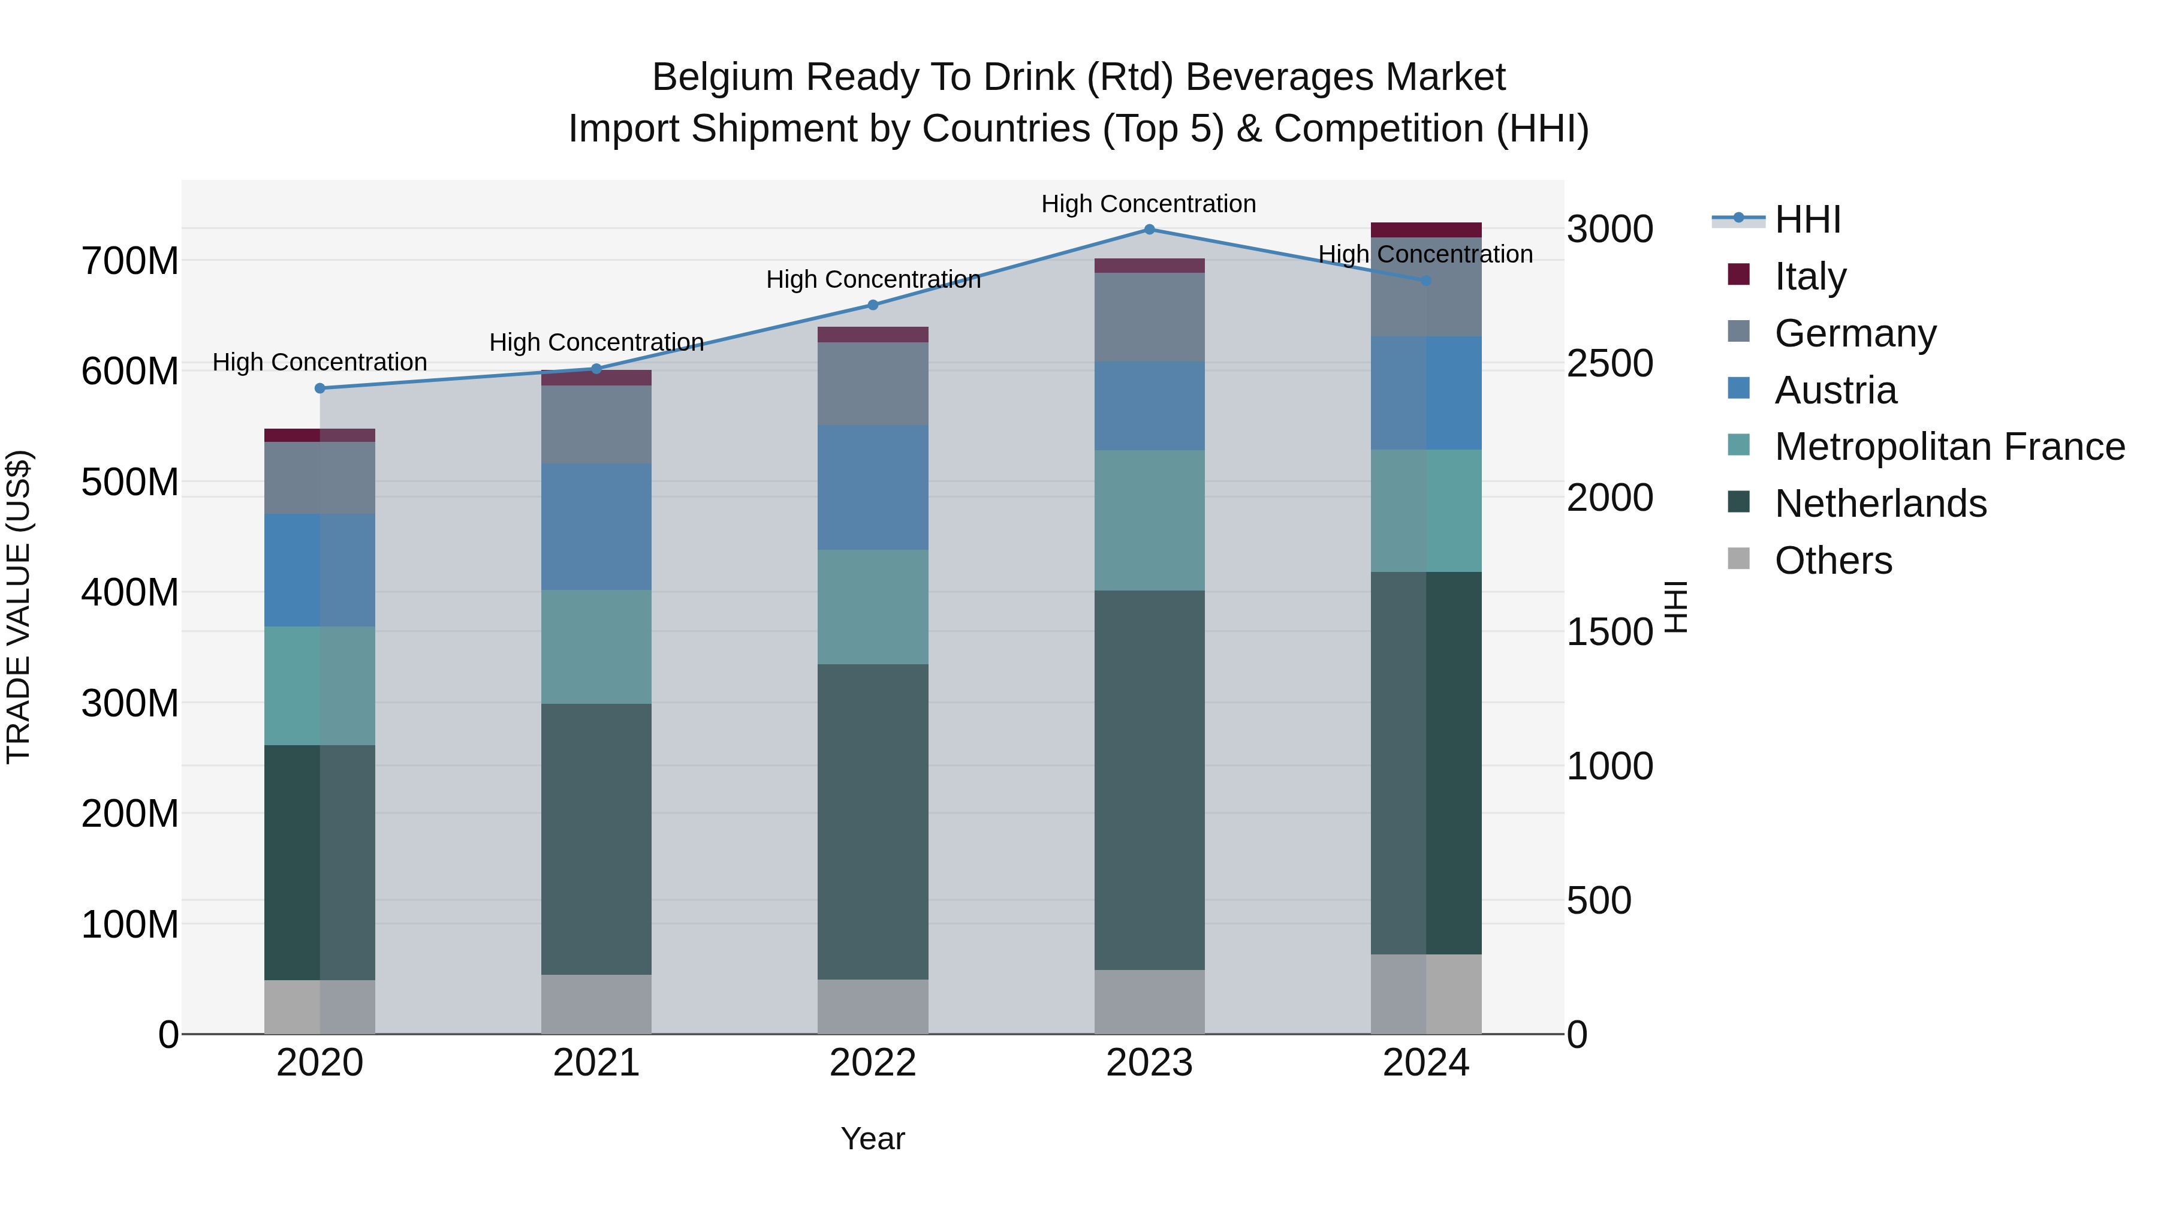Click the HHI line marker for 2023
tap(1149, 230)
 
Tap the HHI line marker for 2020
tap(320, 388)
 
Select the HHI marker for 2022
tap(873, 305)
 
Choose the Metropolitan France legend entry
tap(1949, 447)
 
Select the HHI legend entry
tap(1806, 219)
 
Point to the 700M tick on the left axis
tap(130, 261)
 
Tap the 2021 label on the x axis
tap(596, 1063)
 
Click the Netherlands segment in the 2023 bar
tap(1149, 779)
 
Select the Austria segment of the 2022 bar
tap(873, 487)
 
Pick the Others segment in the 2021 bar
tap(596, 1004)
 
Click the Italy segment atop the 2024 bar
tap(1426, 230)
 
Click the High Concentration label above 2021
tap(596, 343)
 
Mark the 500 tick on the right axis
tap(1598, 900)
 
